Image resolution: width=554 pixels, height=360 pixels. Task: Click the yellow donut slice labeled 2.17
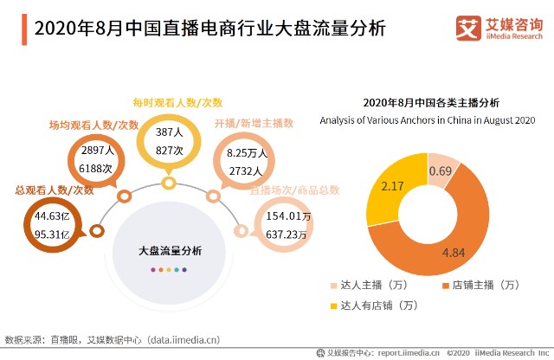386,195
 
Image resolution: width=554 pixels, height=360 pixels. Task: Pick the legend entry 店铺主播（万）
480,285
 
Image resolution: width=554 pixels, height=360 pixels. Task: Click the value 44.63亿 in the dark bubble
51,215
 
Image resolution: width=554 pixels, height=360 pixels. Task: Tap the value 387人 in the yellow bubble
169,134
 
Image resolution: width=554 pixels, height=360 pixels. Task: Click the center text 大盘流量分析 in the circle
171,251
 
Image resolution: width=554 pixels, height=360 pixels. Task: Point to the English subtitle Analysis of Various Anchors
428,119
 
